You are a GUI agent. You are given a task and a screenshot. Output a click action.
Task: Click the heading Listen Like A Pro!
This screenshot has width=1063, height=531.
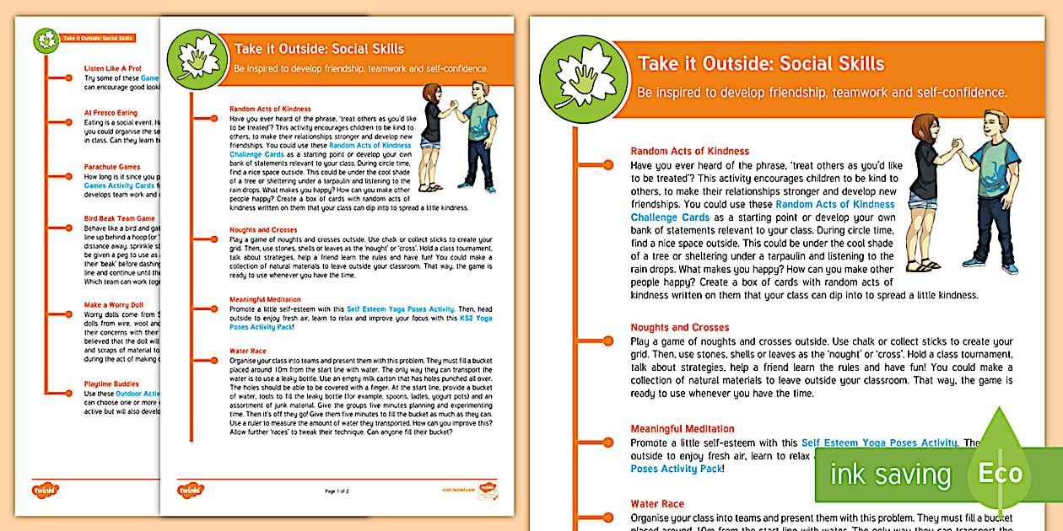click(113, 67)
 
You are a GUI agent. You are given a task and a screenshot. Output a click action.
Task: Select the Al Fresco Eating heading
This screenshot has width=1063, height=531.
click(111, 113)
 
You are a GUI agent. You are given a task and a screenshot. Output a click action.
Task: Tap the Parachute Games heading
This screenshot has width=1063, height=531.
click(112, 167)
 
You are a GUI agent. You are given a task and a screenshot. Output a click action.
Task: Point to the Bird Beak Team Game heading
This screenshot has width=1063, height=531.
click(120, 218)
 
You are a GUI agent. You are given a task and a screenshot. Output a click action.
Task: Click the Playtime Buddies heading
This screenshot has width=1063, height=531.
click(112, 383)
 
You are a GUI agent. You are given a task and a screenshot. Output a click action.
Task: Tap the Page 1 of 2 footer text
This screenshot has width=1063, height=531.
click(337, 490)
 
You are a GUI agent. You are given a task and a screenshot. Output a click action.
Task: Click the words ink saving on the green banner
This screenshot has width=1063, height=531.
click(890, 474)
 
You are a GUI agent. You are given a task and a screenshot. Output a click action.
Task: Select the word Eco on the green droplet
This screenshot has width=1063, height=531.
click(1000, 473)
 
